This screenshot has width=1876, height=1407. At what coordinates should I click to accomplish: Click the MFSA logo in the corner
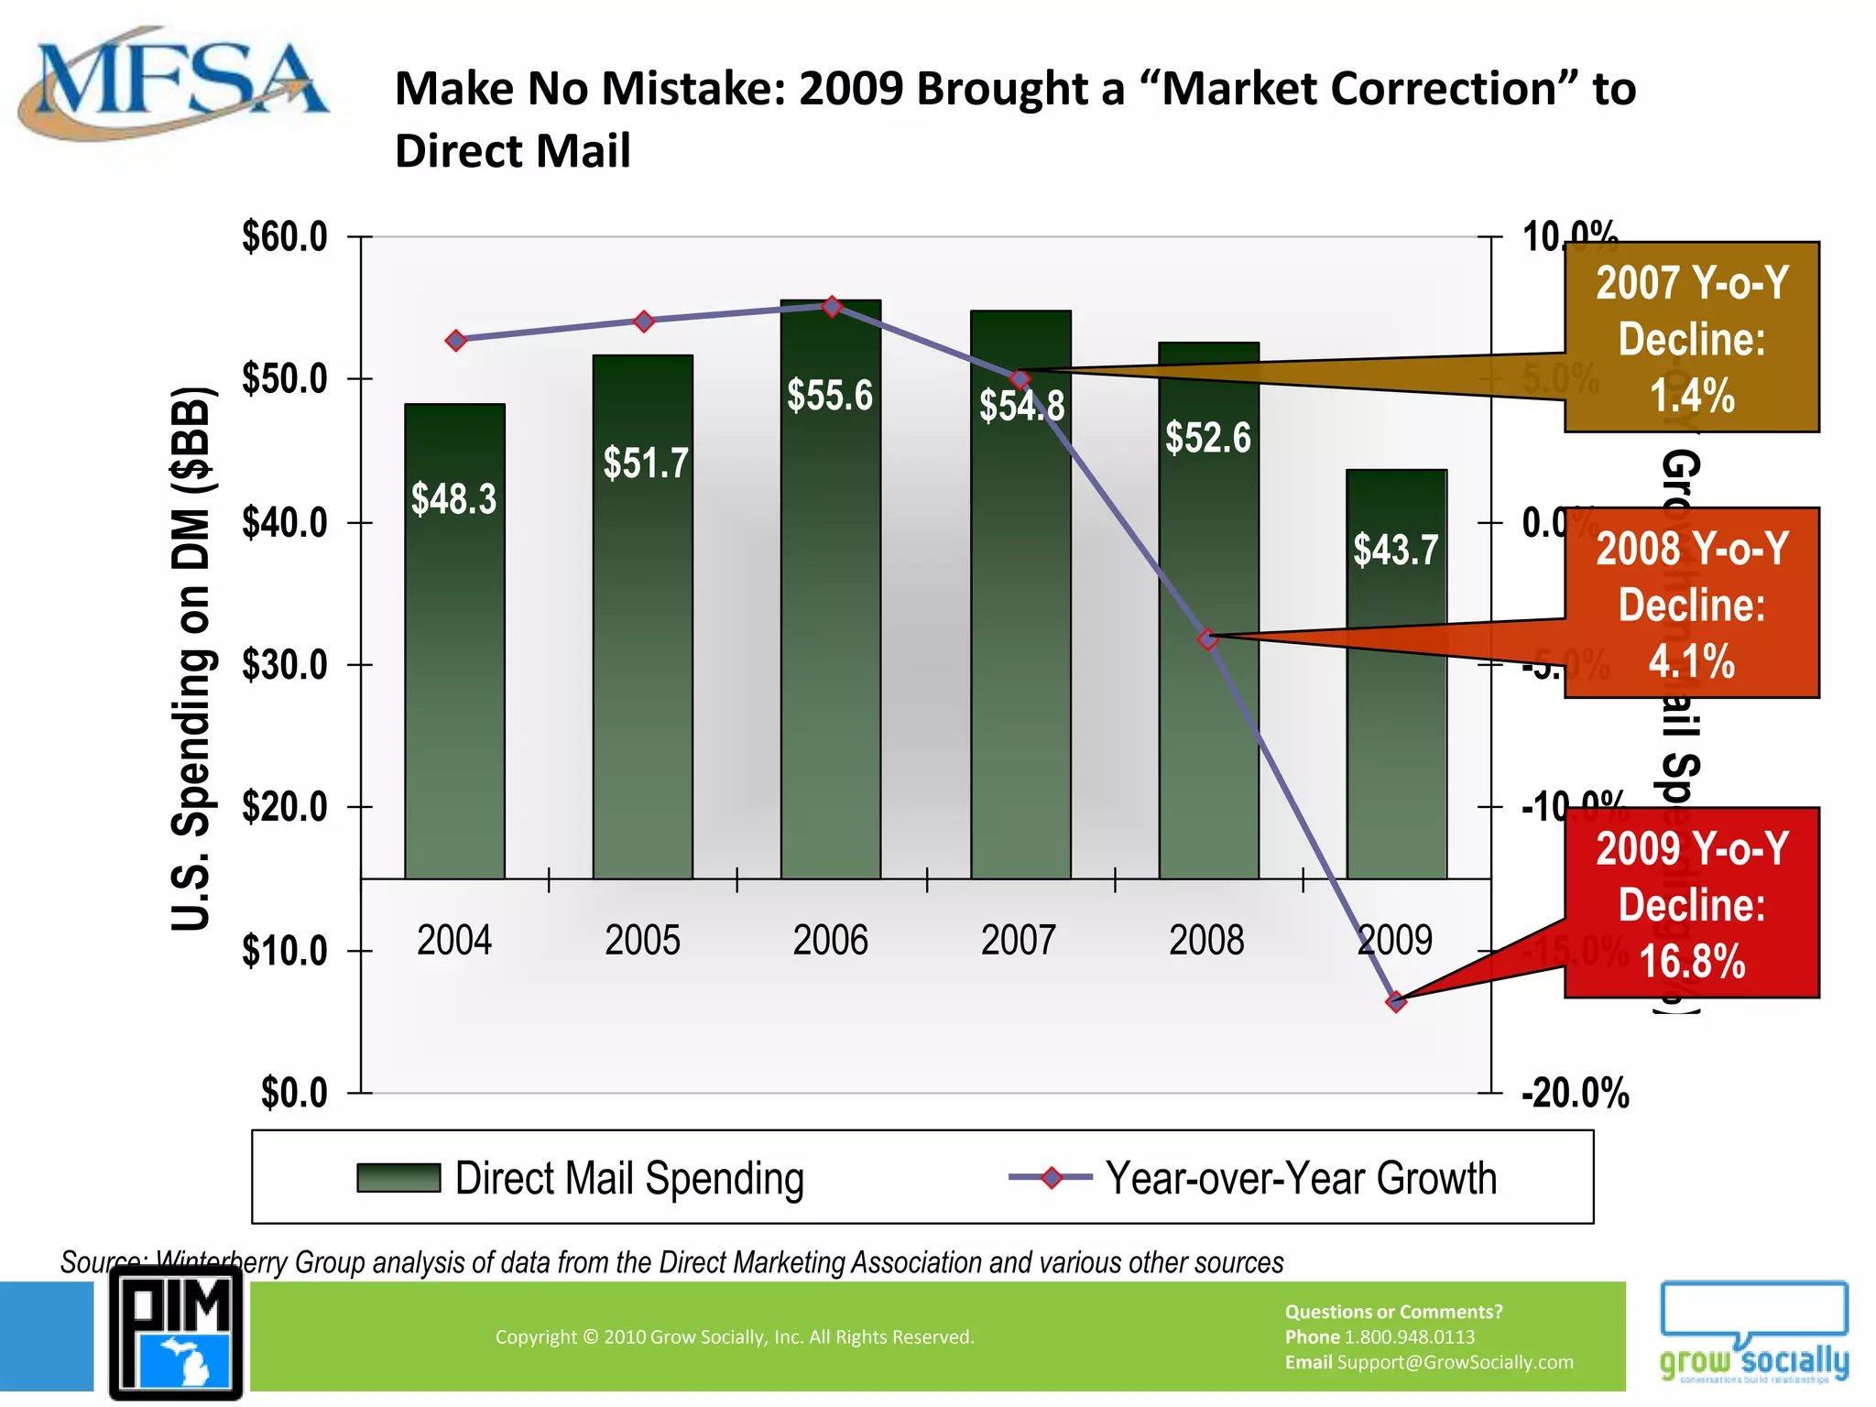click(172, 84)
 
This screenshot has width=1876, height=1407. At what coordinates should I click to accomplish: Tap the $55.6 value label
click(830, 396)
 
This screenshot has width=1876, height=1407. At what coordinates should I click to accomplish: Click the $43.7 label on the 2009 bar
click(1396, 550)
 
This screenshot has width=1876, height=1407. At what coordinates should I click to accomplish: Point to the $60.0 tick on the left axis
click(285, 237)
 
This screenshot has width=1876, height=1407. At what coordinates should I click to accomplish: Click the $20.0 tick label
click(285, 807)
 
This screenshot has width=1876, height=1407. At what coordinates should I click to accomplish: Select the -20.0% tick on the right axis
click(1576, 1093)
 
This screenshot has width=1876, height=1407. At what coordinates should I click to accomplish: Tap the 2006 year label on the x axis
click(830, 941)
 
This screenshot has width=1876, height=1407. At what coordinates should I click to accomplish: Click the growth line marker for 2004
click(456, 341)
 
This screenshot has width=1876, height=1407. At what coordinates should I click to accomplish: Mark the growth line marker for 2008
click(1208, 639)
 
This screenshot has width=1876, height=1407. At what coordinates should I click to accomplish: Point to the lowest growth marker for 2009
click(1396, 1001)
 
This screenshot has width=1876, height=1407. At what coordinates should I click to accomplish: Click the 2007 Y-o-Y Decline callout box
click(1691, 337)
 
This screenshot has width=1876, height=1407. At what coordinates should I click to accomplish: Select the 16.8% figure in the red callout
click(1691, 962)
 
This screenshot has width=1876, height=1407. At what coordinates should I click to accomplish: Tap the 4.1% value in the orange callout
click(1691, 661)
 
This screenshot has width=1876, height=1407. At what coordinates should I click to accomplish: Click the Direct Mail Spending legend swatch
click(398, 1178)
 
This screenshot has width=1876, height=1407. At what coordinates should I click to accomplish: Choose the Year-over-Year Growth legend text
click(1301, 1178)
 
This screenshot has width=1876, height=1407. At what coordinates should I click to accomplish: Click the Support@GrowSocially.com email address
click(1455, 1362)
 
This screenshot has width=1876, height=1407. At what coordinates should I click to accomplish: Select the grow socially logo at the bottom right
click(1753, 1334)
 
